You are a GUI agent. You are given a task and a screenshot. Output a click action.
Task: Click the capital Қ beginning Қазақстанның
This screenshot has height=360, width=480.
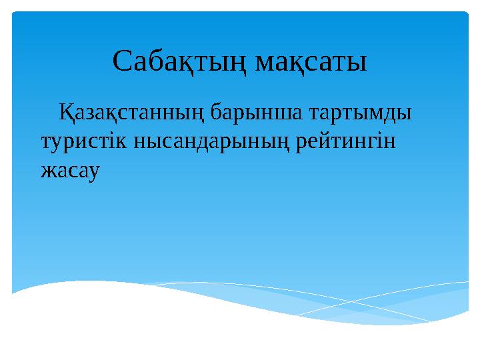(67, 111)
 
